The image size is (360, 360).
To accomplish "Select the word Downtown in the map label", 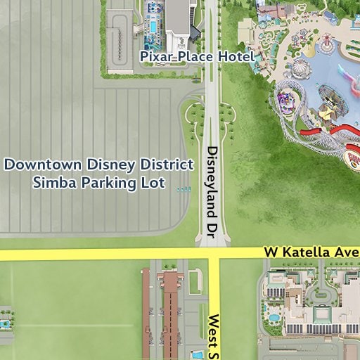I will tap(44, 165).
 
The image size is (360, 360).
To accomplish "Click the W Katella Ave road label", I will tap(311, 251).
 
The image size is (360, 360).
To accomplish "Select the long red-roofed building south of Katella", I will tap(171, 309).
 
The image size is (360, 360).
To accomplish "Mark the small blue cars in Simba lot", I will tap(184, 189).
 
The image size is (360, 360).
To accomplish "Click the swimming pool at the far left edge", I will tap(4, 325).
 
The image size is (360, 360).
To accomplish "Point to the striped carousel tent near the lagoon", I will tap(300, 68).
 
